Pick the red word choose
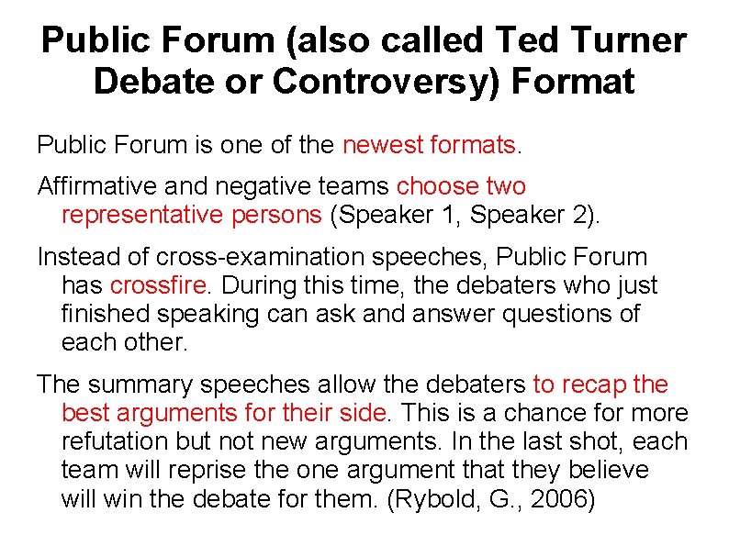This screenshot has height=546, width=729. point(437,186)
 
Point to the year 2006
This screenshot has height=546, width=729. point(555,499)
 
